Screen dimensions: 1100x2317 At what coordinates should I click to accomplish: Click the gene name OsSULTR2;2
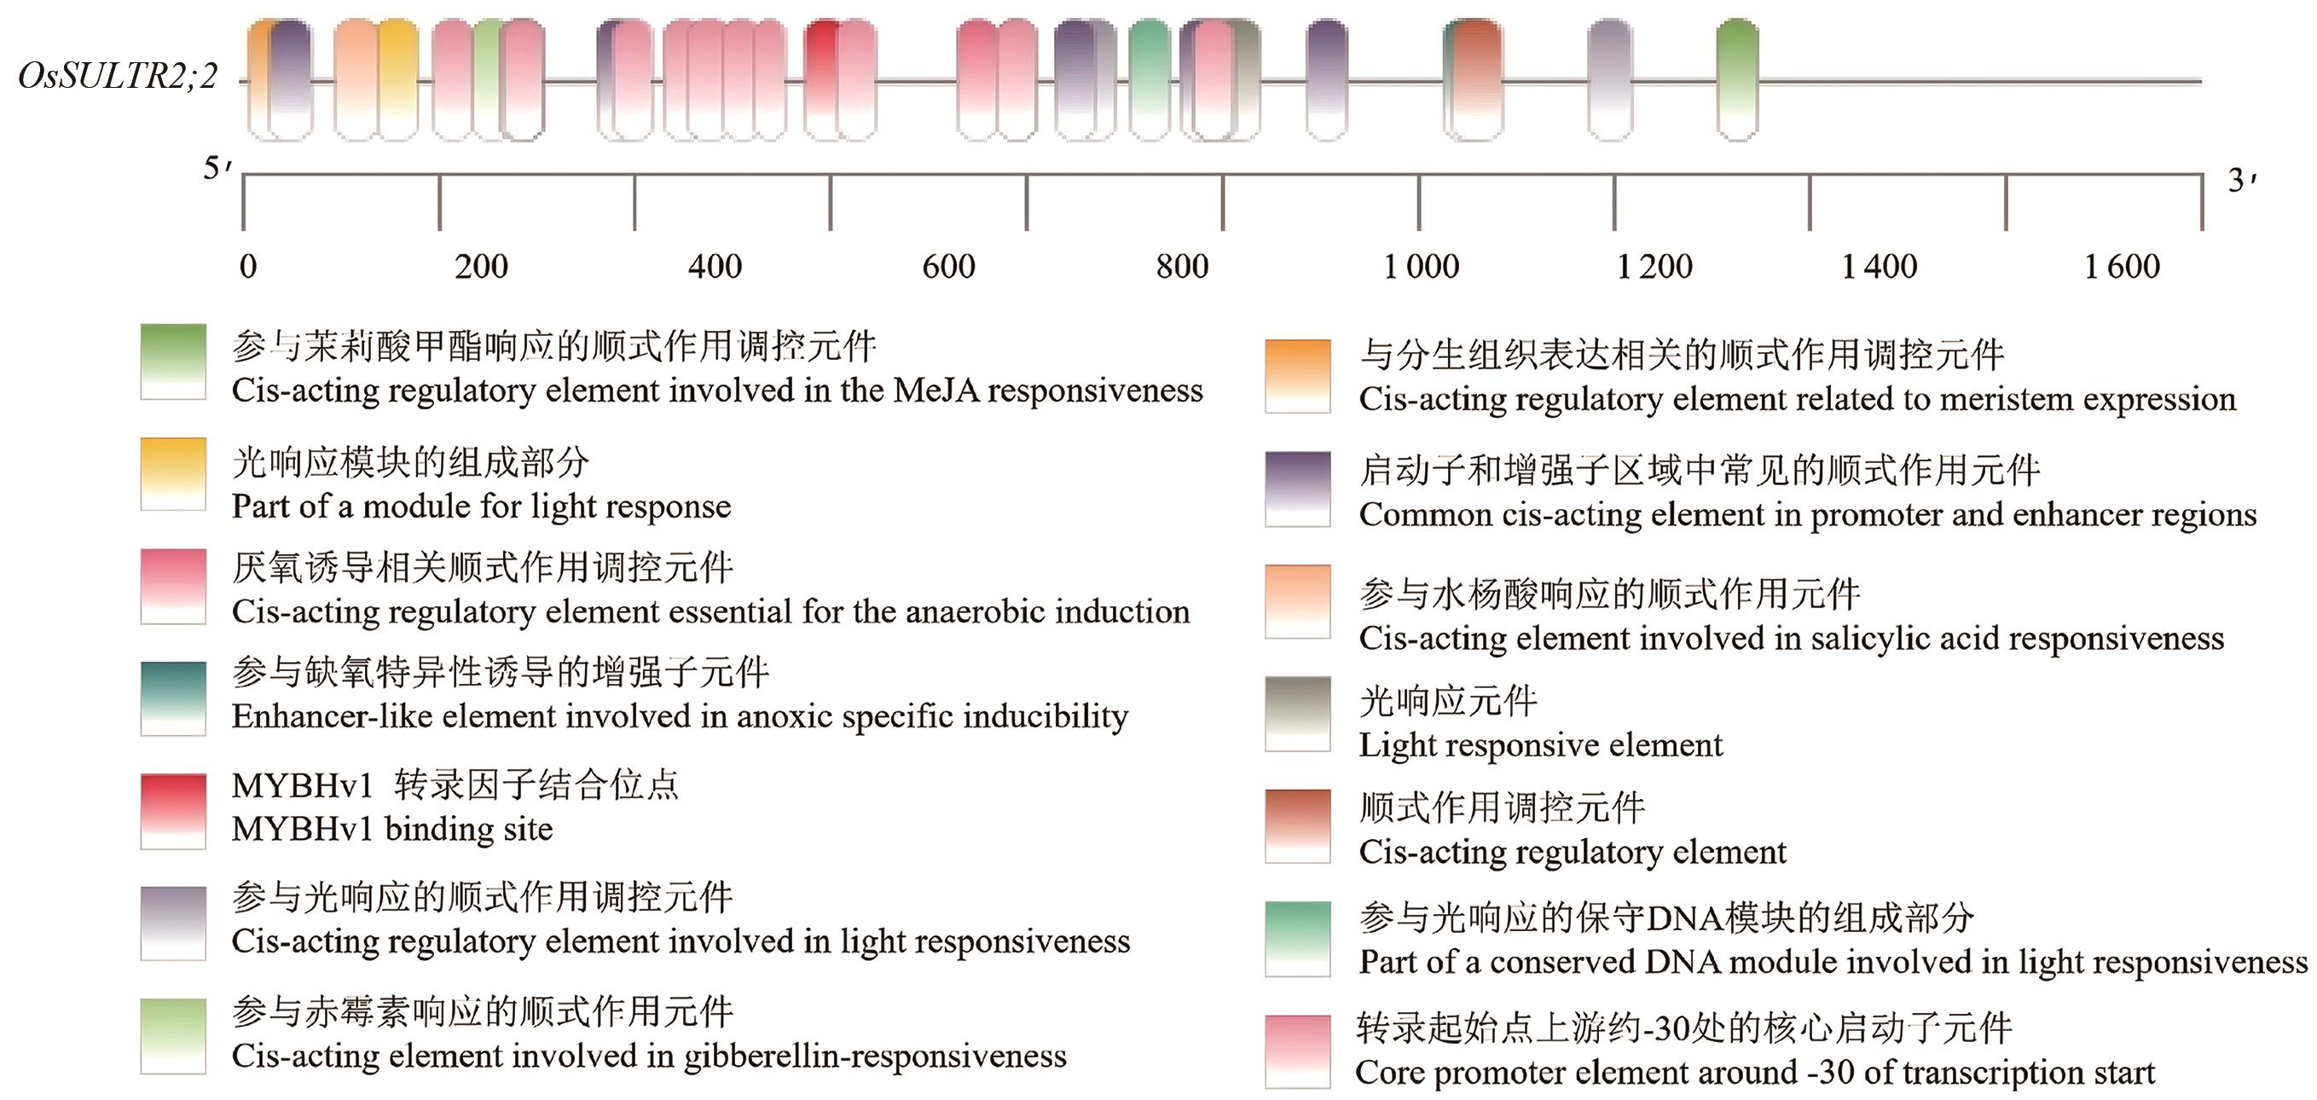pos(118,77)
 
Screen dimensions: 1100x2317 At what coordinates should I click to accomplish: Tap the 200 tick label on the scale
pos(481,266)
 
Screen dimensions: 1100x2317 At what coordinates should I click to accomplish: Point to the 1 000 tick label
pos(1421,266)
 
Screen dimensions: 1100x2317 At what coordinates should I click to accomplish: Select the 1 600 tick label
pos(2122,266)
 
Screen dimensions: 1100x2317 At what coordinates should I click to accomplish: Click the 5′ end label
pos(217,168)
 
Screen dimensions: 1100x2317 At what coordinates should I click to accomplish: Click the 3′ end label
pos(2241,181)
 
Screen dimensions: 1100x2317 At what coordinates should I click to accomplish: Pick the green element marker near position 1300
pos(1737,79)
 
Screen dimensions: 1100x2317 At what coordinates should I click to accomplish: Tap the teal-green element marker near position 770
pos(1149,79)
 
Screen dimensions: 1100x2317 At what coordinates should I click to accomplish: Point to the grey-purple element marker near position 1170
pos(1609,79)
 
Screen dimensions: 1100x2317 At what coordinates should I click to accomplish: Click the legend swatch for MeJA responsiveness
pos(174,362)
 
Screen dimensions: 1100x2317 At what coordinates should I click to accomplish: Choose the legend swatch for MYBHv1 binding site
pos(174,810)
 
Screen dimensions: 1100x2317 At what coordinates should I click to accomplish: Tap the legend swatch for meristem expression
pos(1297,375)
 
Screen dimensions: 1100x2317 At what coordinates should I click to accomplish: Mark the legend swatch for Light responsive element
pos(1297,713)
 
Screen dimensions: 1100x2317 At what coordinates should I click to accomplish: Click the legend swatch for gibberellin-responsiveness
pos(174,1035)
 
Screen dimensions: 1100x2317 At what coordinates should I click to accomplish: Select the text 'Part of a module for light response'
pos(481,507)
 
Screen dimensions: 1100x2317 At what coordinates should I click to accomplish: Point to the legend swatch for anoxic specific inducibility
pos(174,698)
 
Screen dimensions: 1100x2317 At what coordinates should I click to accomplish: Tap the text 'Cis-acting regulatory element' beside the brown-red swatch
pos(1573,852)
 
